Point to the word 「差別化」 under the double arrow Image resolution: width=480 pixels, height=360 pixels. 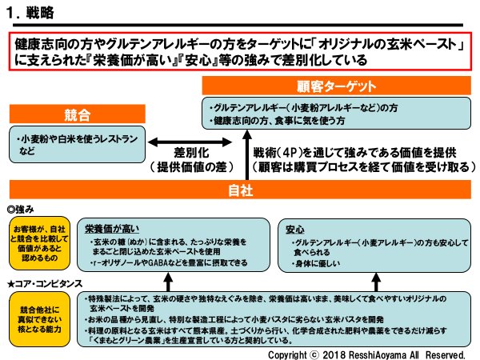click(x=190, y=153)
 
